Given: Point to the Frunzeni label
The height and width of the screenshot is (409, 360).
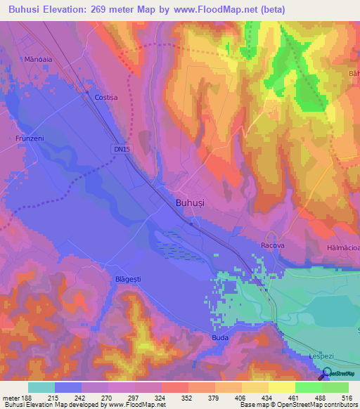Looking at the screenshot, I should coord(30,138).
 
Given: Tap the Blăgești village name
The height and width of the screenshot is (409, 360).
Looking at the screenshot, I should coord(127,279).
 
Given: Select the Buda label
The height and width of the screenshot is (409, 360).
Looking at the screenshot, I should coord(220,338).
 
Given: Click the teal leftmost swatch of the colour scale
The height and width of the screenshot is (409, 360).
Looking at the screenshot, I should coord(41,387).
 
